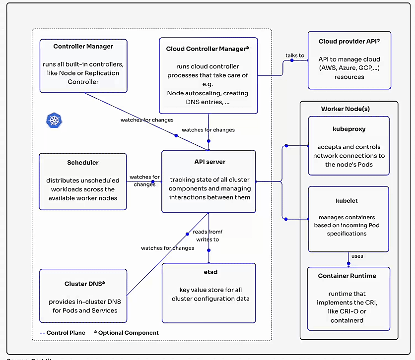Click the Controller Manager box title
coord(83,47)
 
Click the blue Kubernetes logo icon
coord(53,120)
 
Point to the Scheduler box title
coord(83,162)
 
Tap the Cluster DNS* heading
coord(83,284)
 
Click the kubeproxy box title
coord(348,128)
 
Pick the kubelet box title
coord(347,201)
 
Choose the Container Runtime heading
coord(347,276)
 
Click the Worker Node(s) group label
coord(345,109)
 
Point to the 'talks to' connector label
coord(295,55)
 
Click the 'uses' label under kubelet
coord(357,256)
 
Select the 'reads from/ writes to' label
coord(207,236)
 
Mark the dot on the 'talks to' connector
coord(292,60)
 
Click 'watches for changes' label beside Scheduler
coord(144,180)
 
